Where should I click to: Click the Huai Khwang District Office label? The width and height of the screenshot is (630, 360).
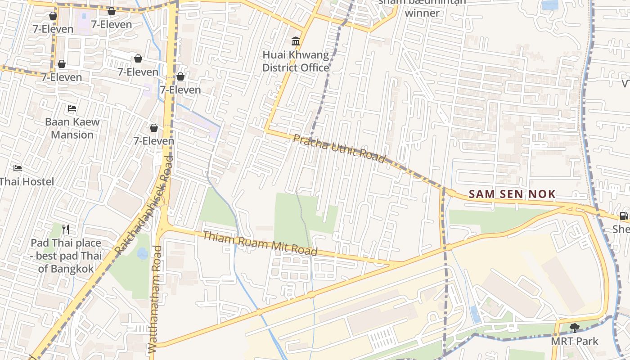point(296,61)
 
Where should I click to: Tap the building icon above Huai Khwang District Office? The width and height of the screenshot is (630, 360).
point(296,42)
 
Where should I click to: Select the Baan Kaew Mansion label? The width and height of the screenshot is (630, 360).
point(72,128)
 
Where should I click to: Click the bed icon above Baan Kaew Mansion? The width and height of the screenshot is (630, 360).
point(72,108)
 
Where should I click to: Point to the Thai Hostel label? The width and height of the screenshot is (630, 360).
point(27,182)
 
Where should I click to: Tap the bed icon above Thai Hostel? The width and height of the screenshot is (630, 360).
point(18,169)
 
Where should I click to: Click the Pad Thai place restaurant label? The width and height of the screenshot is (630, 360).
point(66,256)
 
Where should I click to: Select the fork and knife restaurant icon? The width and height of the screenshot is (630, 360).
point(66,229)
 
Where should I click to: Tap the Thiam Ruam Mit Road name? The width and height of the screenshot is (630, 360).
point(260,243)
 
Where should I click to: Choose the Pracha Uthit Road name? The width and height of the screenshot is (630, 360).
point(339,148)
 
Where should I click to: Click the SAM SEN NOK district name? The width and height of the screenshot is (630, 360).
point(512,194)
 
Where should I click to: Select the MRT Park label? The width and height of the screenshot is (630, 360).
point(575,341)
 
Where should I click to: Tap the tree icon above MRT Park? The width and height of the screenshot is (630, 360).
point(574,328)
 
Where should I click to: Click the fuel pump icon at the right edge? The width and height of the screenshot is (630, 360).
point(624,216)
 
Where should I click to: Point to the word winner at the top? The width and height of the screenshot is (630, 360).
point(422,13)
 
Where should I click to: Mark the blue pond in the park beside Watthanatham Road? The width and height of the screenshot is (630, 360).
point(143,253)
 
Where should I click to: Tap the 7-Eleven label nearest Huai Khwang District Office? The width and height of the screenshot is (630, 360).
point(180,90)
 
